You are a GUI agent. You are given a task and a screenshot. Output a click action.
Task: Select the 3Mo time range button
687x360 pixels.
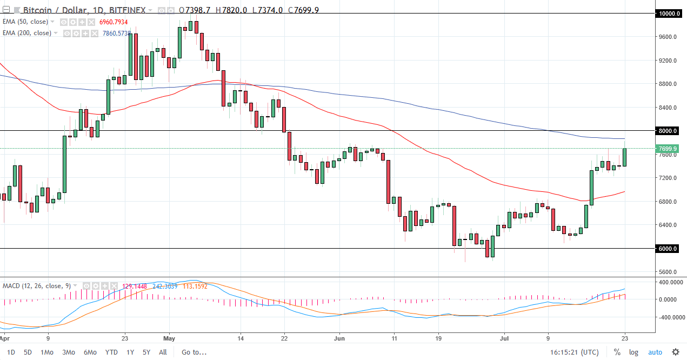tap(69, 352)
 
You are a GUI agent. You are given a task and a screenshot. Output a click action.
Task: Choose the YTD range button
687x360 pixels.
tap(111, 352)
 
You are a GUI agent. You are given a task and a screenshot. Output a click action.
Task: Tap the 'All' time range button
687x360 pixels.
tap(163, 352)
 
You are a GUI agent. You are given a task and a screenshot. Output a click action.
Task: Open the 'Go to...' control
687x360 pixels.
tap(194, 352)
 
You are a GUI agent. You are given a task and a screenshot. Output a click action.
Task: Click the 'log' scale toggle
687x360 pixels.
tap(633, 352)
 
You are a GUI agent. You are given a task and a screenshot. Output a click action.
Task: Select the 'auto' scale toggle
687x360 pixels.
tap(655, 352)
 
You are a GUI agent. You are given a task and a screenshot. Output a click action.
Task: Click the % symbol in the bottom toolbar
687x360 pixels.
tap(617, 352)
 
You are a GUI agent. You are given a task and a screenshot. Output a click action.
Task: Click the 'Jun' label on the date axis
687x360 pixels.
tap(339, 338)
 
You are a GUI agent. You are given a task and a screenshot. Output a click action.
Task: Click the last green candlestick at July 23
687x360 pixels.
tap(625, 157)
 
